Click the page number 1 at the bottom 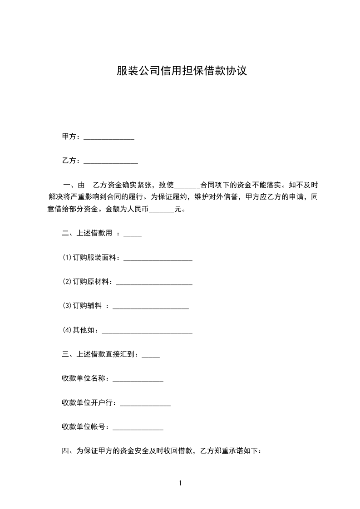pyautogui.click(x=180, y=483)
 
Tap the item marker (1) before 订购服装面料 pyautogui.click(x=67, y=258)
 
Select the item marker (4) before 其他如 pyautogui.click(x=67, y=330)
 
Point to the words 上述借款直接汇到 pyautogui.click(x=107, y=354)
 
